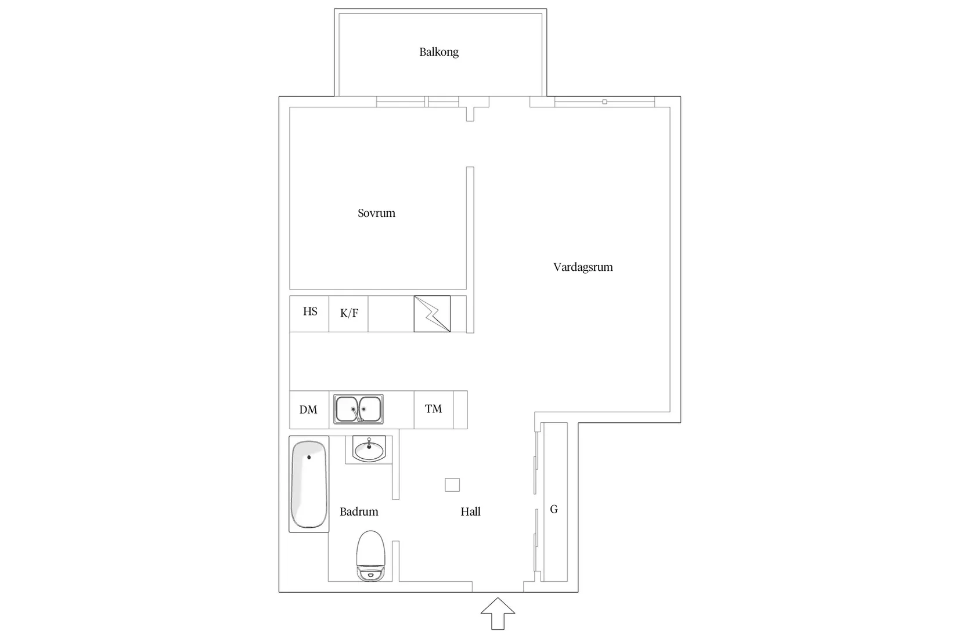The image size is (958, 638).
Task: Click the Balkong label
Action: click(439, 52)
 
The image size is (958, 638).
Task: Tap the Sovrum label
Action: click(376, 213)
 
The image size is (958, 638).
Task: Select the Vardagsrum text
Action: click(583, 267)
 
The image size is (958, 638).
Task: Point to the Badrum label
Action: click(359, 512)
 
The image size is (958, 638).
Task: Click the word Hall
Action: click(470, 512)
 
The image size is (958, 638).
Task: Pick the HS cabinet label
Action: click(310, 311)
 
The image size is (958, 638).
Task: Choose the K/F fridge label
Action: click(349, 313)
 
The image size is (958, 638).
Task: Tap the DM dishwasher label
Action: click(308, 410)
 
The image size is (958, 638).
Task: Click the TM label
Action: click(433, 409)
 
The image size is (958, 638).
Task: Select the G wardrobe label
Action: click(554, 509)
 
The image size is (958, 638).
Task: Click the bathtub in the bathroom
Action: click(309, 484)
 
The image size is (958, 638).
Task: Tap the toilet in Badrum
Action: click(371, 556)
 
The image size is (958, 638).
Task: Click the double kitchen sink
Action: click(358, 409)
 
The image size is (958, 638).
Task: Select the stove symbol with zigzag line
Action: click(432, 314)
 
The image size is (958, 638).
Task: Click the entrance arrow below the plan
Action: click(498, 613)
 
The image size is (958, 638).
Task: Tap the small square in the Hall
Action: click(452, 485)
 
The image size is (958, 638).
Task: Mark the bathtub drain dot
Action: click(309, 458)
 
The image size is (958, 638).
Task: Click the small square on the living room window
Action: click(605, 101)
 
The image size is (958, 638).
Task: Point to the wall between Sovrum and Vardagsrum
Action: click(470, 249)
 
